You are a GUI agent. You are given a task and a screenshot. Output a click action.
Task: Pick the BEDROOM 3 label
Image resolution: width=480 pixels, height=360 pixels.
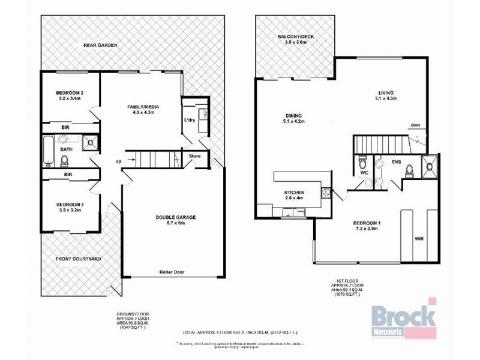[69, 196]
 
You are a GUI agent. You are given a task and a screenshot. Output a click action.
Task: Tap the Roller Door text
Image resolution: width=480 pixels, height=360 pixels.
[172, 271]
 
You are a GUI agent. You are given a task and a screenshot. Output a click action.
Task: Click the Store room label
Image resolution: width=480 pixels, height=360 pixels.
[195, 157]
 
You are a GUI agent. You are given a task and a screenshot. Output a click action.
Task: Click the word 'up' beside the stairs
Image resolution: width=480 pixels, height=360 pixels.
[119, 160]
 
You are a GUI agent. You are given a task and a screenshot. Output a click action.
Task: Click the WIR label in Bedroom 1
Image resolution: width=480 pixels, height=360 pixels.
[418, 238]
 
